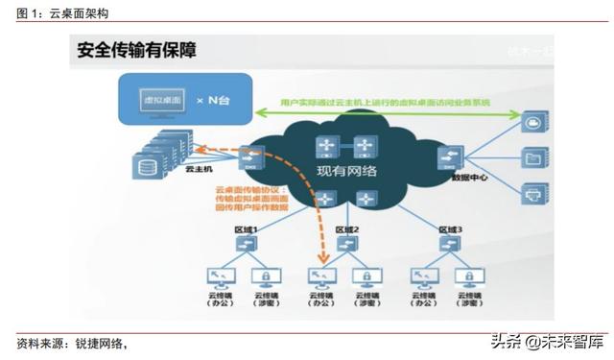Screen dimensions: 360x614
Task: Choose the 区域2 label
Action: tap(345, 230)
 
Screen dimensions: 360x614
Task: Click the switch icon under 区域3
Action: tap(447, 245)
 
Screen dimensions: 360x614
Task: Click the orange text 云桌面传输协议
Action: tap(241, 190)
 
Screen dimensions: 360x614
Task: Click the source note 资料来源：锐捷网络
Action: tap(72, 344)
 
